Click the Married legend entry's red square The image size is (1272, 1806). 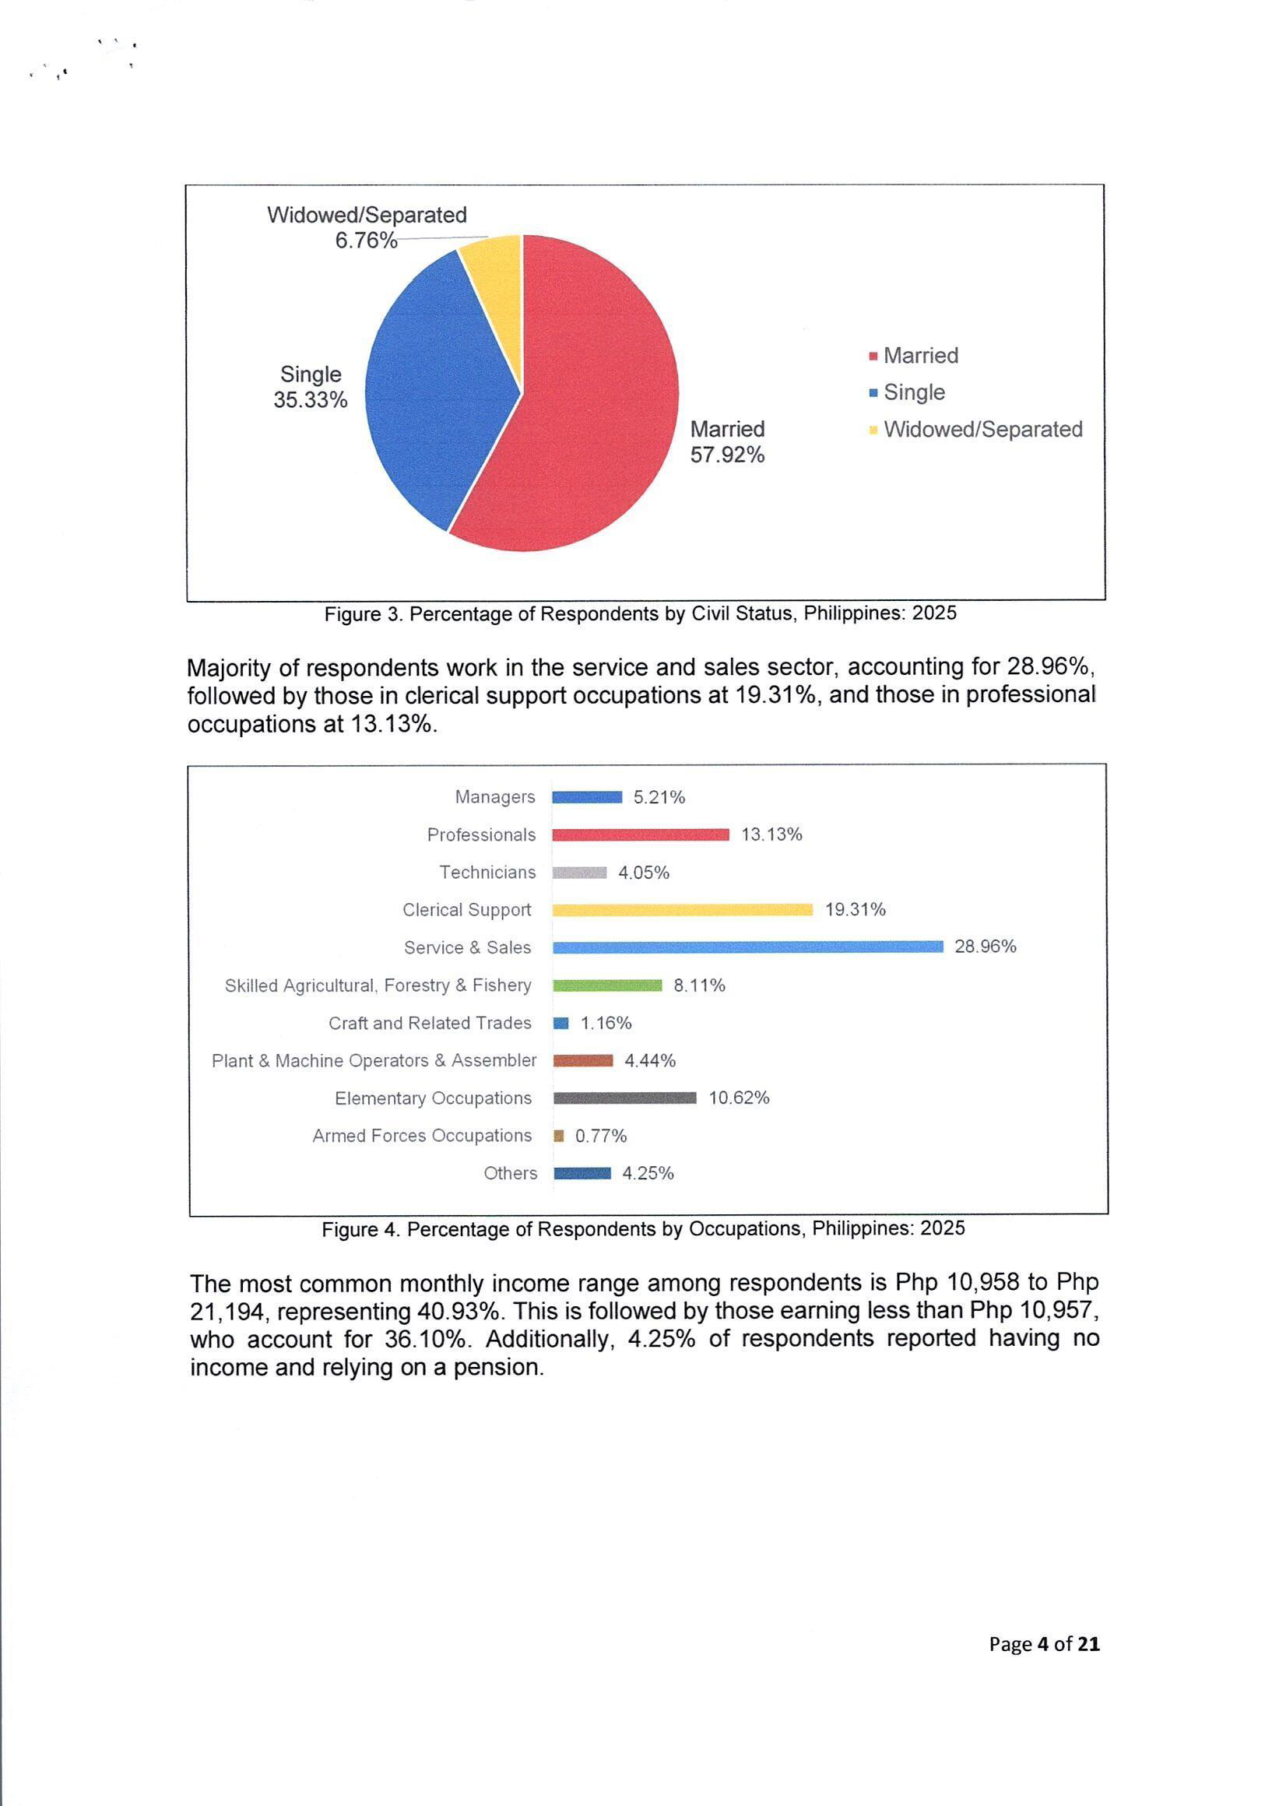point(873,357)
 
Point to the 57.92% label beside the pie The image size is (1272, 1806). point(727,455)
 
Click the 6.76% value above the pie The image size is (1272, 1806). point(366,241)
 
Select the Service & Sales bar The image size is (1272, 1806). point(747,947)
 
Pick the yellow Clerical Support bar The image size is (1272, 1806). point(682,910)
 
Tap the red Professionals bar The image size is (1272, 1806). point(641,834)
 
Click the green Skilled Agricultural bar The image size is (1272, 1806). point(607,986)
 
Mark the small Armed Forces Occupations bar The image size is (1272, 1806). point(558,1136)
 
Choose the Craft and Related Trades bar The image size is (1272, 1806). point(560,1024)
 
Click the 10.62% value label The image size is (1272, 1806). point(739,1098)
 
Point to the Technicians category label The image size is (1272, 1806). point(487,873)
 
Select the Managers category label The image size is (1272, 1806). point(495,797)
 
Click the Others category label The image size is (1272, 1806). point(511,1174)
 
